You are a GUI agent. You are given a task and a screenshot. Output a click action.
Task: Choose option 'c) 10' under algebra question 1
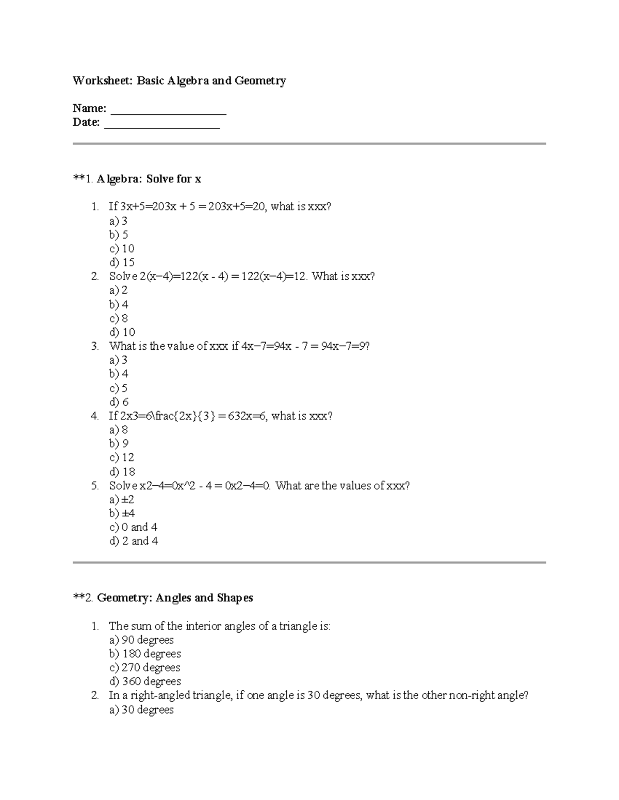coord(122,249)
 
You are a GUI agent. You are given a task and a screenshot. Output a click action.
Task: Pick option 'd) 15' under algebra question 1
coord(122,263)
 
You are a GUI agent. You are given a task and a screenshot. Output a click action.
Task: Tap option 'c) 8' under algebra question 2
coord(119,318)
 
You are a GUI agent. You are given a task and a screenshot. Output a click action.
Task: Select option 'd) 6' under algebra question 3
coord(119,402)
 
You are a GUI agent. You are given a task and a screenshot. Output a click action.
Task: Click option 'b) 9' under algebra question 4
coord(119,444)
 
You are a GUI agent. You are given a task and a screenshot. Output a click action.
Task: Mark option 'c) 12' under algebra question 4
coord(122,457)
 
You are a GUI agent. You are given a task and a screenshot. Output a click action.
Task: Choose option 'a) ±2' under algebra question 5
coord(122,500)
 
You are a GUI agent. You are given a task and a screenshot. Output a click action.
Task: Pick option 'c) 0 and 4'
coord(133,527)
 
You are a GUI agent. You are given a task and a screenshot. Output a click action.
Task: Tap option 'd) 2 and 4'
coord(134,541)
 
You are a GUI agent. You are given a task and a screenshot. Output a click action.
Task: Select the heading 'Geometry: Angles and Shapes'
coord(175,598)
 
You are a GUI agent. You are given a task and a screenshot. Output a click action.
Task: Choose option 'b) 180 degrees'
coord(145,654)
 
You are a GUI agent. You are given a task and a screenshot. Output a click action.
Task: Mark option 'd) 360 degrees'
coord(145,682)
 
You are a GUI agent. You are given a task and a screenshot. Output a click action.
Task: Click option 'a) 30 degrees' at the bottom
coord(141,710)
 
